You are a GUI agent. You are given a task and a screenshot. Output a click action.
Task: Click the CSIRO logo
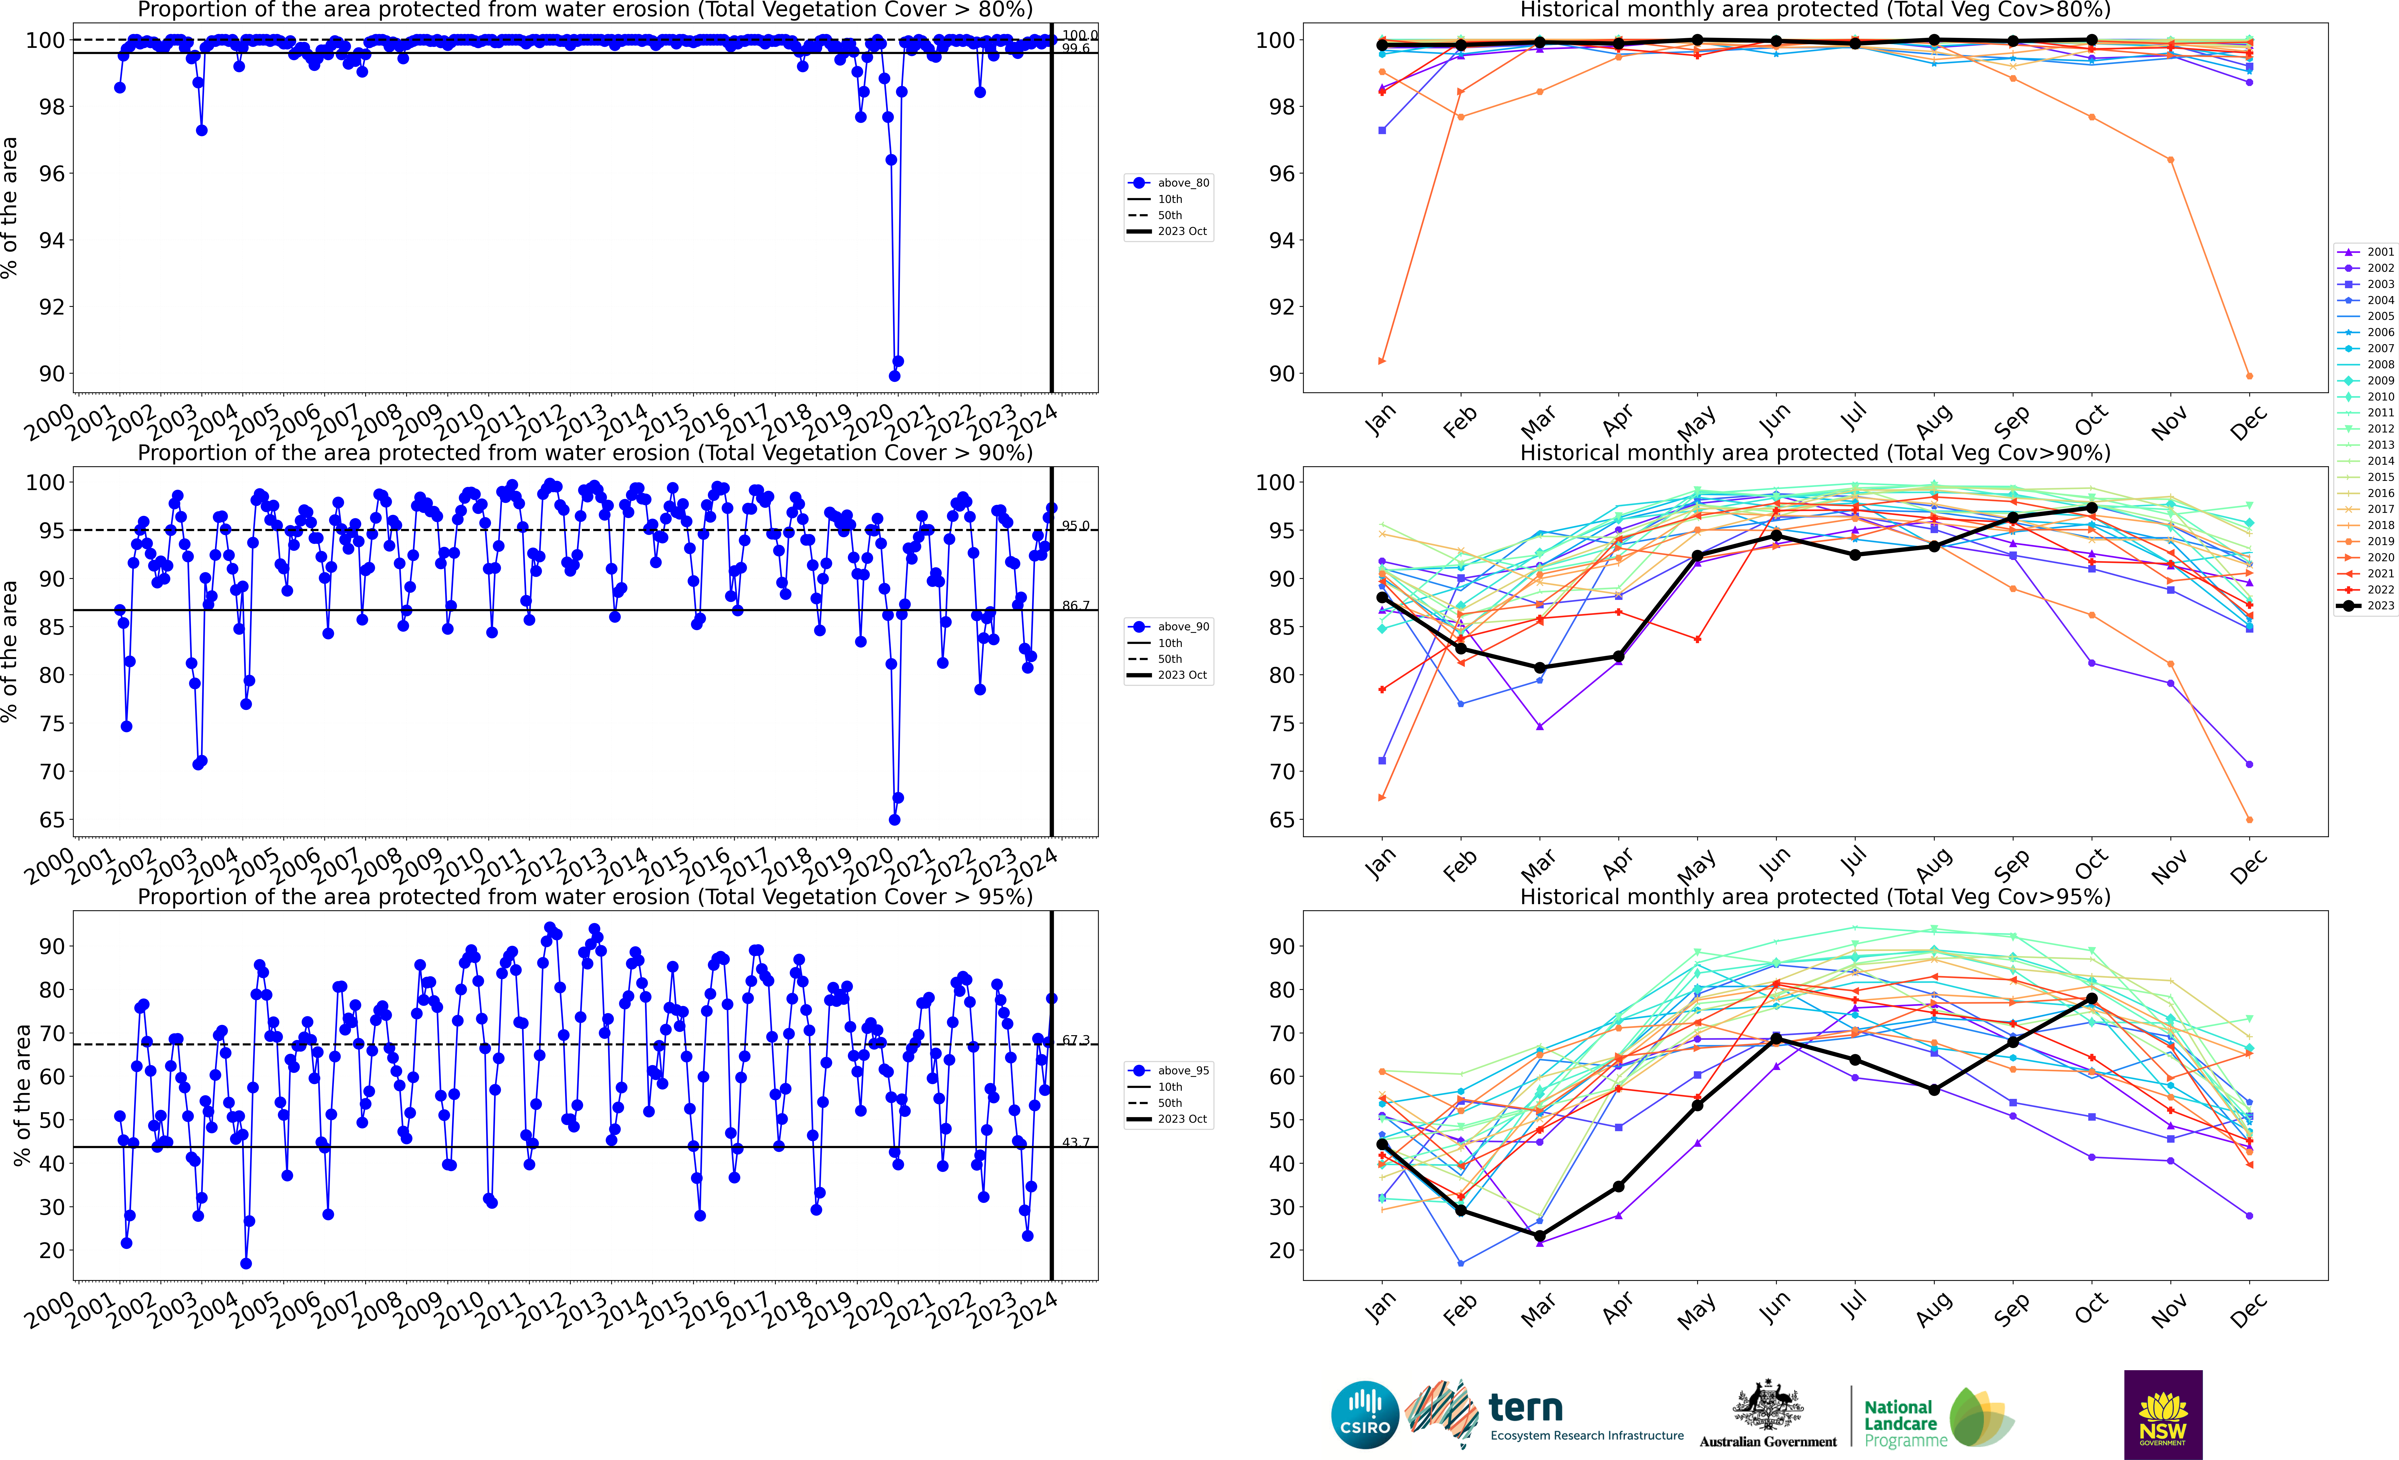pyautogui.click(x=1364, y=1414)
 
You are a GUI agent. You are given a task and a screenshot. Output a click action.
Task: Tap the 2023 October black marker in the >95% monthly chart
pyautogui.click(x=2091, y=999)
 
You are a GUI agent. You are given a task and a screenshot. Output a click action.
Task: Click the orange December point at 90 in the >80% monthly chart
pyautogui.click(x=2249, y=376)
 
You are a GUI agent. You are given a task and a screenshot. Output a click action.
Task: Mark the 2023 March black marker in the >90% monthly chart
pyautogui.click(x=1539, y=668)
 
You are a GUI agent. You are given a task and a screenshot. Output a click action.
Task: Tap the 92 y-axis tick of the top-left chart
pyautogui.click(x=52, y=307)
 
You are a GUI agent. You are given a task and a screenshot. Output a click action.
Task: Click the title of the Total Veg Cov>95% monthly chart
pyautogui.click(x=1815, y=896)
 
